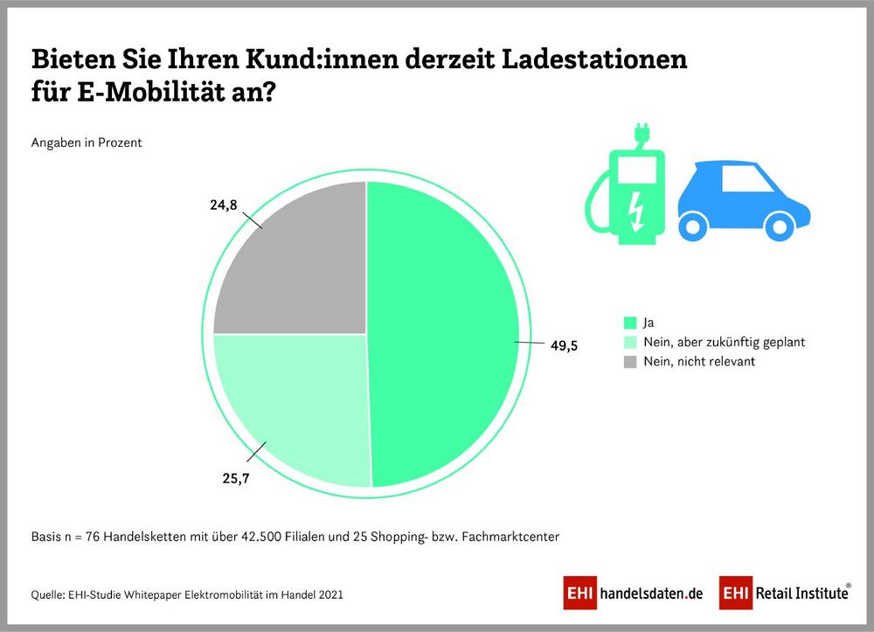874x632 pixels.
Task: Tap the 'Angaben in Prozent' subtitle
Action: [x=87, y=142]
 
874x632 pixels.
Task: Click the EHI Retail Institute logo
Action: [x=785, y=593]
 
